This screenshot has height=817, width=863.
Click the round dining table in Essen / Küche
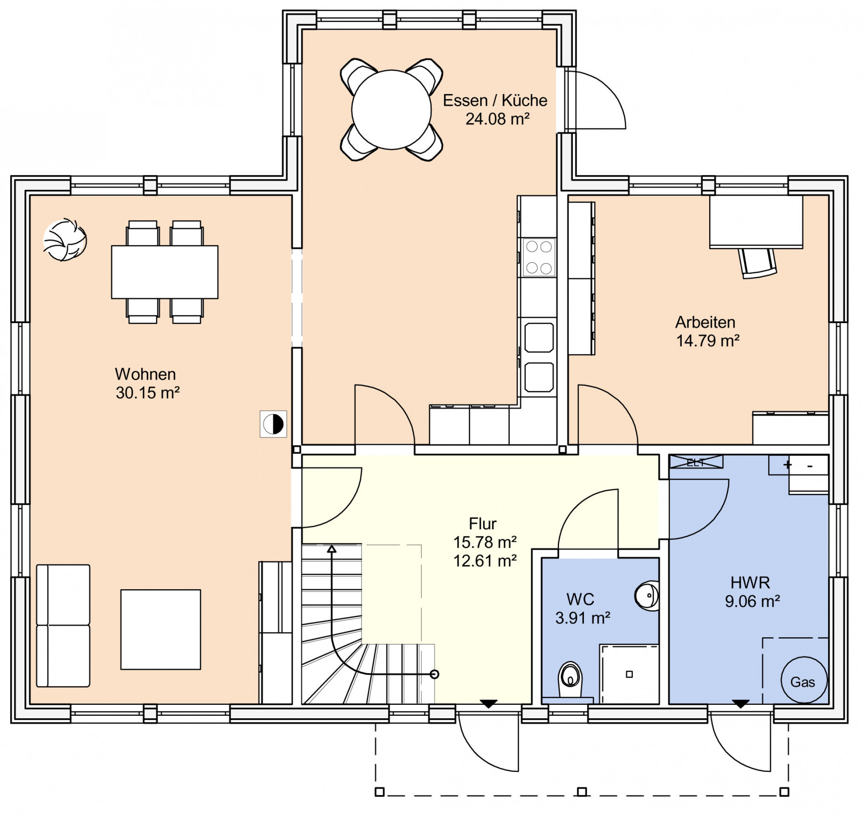click(391, 110)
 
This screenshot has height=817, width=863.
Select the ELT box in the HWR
click(696, 462)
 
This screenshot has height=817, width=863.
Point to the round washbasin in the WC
click(647, 595)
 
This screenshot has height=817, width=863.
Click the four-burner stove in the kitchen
click(539, 257)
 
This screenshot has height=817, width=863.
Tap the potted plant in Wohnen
click(65, 240)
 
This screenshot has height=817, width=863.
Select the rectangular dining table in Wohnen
click(164, 272)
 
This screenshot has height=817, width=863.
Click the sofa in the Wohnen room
click(63, 626)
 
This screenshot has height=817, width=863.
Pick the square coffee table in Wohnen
click(161, 630)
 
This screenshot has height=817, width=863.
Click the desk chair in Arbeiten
click(758, 263)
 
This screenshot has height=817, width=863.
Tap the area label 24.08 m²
click(498, 119)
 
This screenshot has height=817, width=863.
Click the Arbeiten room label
click(705, 322)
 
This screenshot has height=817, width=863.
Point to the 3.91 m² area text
click(583, 618)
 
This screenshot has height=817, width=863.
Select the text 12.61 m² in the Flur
click(485, 560)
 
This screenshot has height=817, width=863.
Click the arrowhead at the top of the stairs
click(332, 549)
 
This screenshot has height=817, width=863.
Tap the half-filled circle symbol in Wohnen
click(273, 424)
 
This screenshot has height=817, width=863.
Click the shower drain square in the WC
click(630, 674)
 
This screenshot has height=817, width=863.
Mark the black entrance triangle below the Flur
click(489, 704)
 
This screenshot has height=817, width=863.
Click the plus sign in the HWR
click(788, 465)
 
